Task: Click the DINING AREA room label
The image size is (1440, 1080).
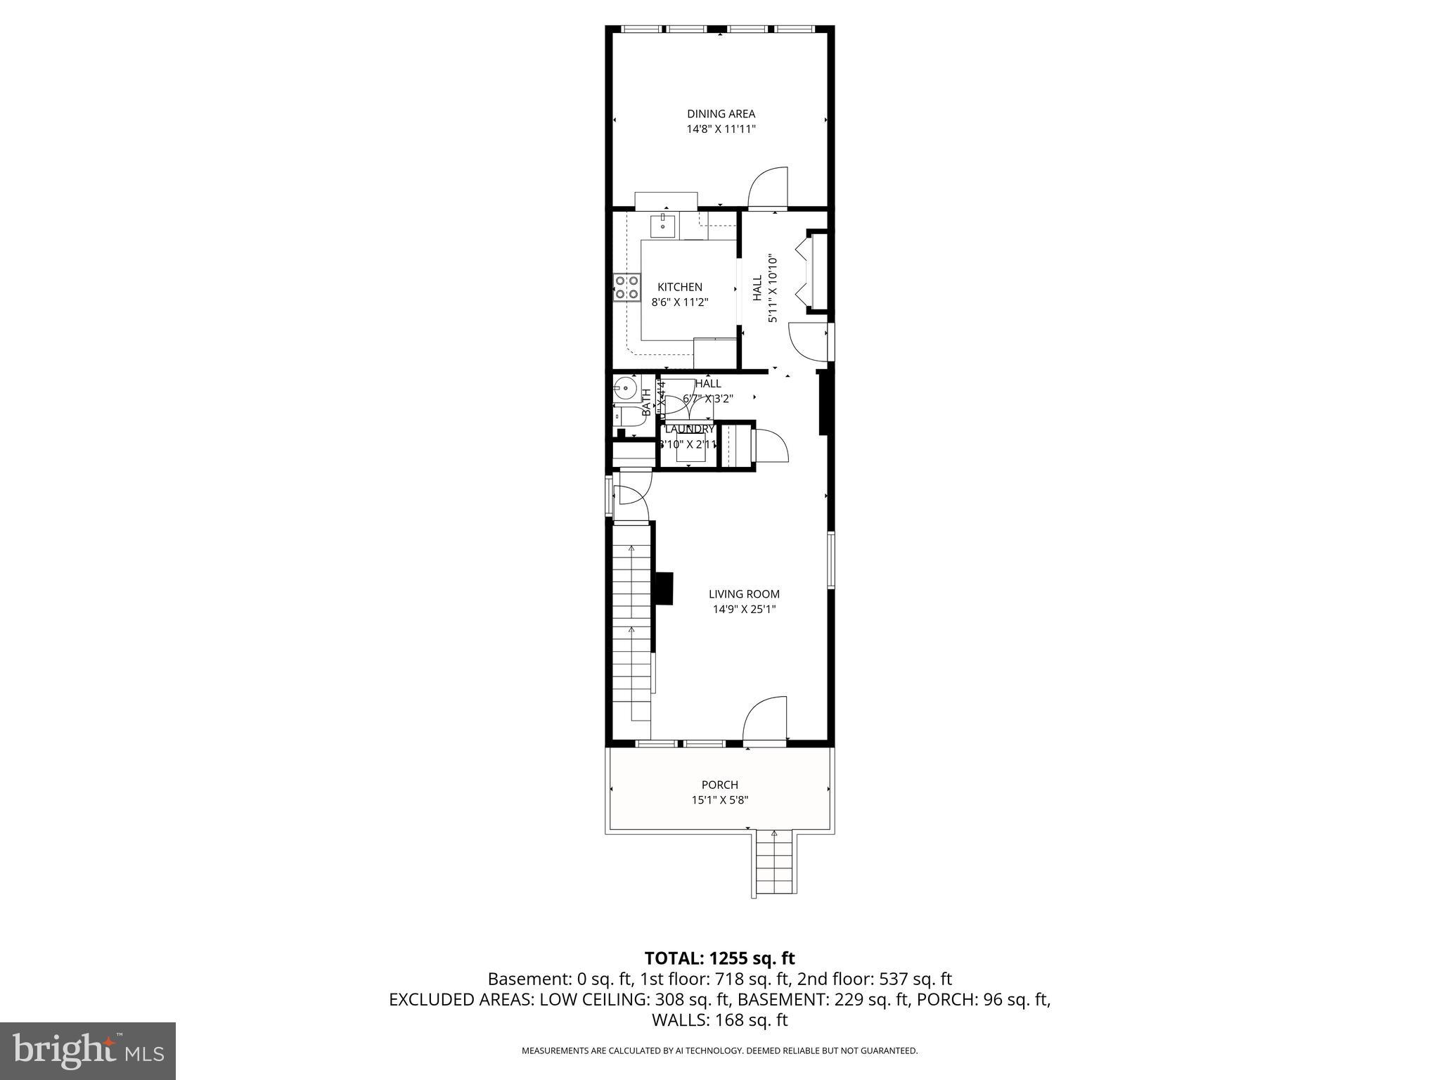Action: coord(721,114)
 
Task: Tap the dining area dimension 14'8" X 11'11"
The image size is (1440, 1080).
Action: coord(721,129)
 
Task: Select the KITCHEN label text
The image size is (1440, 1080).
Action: coord(679,287)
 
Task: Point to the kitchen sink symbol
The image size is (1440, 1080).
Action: coord(663,226)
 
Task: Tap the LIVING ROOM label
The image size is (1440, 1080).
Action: coord(743,594)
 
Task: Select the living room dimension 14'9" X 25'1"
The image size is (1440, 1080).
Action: coord(743,610)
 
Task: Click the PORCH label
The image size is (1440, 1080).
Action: coord(719,785)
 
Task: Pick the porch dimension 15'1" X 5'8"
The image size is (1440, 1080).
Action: coord(719,800)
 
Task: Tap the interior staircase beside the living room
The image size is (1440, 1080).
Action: coord(631,633)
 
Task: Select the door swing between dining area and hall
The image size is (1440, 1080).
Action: coord(768,188)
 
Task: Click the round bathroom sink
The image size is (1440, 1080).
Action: coord(623,387)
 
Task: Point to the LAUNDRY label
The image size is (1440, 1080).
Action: coord(689,429)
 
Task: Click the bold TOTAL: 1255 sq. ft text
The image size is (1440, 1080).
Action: coord(719,958)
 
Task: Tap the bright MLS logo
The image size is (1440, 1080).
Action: coord(88,1050)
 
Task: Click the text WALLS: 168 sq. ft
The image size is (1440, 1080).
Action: coord(719,1020)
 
